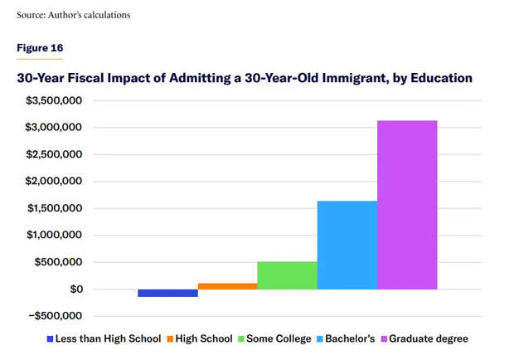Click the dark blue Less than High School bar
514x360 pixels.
tap(167, 293)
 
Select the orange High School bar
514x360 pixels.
tap(227, 286)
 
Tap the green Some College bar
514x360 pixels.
tap(287, 275)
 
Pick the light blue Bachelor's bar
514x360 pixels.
tap(347, 245)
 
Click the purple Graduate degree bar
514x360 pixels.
tap(407, 205)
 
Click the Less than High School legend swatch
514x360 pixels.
tap(51, 338)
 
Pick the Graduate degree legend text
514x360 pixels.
tap(428, 338)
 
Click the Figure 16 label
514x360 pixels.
tap(40, 47)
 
